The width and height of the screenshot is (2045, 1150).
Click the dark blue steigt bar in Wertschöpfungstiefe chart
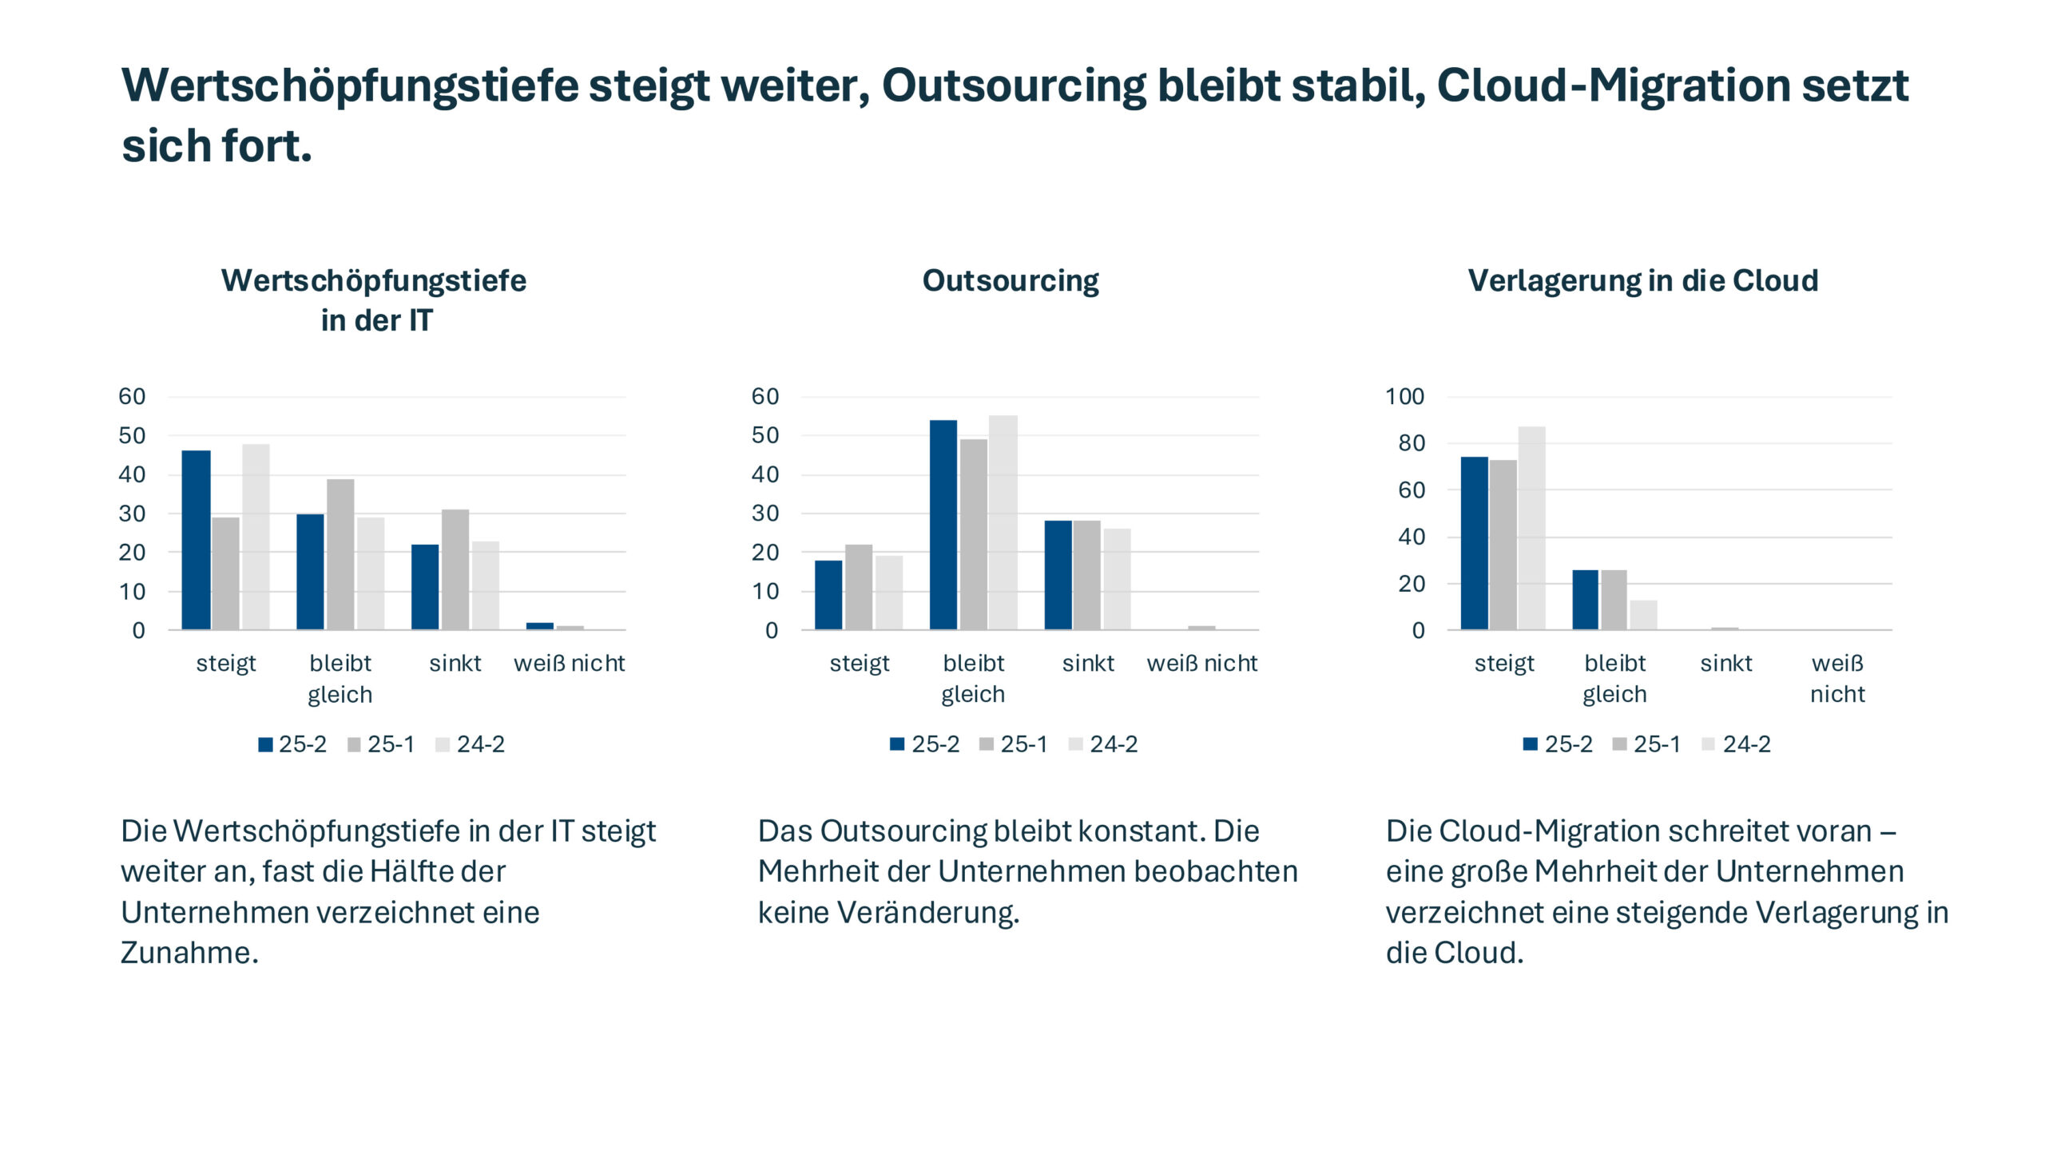tap(196, 540)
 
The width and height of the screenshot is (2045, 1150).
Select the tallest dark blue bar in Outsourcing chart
tap(943, 525)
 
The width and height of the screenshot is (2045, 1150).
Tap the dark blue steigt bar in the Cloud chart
tap(1474, 543)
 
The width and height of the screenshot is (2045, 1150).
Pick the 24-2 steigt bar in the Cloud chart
tap(1531, 528)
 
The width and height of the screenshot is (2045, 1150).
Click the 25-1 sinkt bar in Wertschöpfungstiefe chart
tap(455, 569)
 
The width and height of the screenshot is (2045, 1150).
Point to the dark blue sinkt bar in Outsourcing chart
tap(1058, 575)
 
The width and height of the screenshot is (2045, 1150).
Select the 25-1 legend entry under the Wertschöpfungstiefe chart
tap(382, 744)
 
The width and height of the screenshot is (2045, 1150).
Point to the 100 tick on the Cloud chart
tap(1404, 397)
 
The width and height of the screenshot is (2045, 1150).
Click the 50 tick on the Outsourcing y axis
tap(764, 436)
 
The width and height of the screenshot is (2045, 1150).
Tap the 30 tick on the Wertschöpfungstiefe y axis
tap(132, 514)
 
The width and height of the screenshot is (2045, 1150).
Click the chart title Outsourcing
tap(1010, 281)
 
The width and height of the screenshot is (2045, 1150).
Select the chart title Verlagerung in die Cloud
tap(1642, 281)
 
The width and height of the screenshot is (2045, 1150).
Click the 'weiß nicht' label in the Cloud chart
tap(1837, 678)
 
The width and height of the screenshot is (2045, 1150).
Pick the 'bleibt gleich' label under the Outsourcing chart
tap(973, 678)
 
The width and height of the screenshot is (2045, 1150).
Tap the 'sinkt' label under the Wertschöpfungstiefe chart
tap(455, 663)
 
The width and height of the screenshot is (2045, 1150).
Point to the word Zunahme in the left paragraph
tap(189, 953)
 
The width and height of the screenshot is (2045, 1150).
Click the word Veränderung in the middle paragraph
tap(927, 913)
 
